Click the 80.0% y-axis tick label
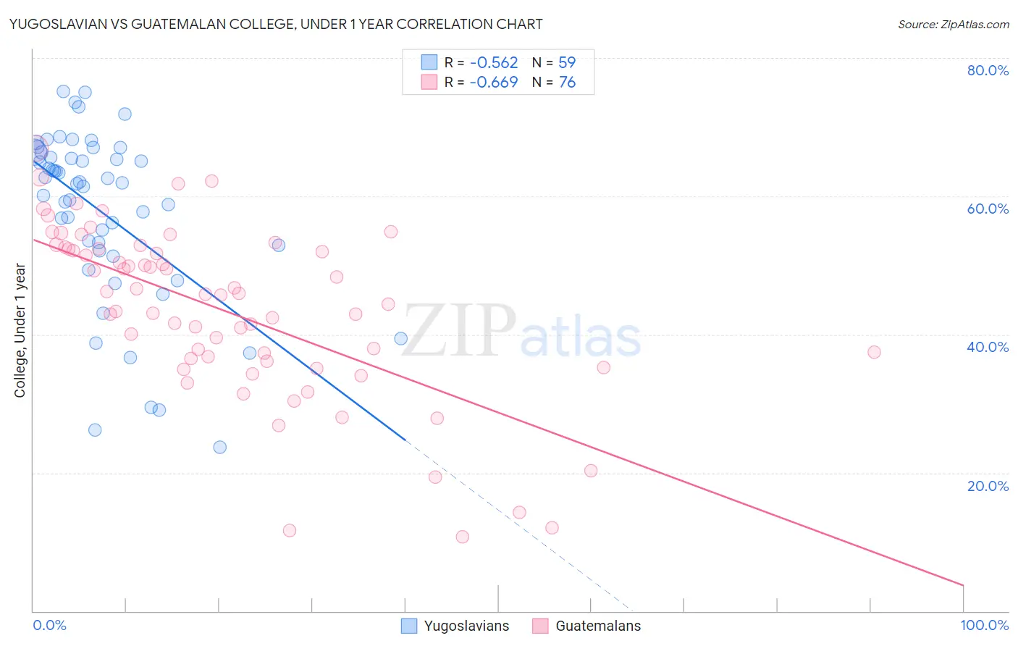(988, 70)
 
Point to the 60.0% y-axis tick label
(988, 209)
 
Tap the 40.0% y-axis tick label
(988, 347)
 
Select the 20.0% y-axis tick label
(988, 485)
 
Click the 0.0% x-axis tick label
(49, 625)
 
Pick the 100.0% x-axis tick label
(985, 625)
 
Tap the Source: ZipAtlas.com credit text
(954, 24)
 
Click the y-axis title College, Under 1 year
(20, 330)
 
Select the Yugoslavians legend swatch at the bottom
(409, 626)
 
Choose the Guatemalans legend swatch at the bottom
(540, 626)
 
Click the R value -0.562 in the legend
(494, 62)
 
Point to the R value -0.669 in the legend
(494, 82)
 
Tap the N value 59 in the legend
(567, 62)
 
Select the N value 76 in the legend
(567, 82)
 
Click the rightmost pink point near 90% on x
(874, 352)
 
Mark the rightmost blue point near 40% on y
(400, 338)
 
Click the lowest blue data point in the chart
(220, 447)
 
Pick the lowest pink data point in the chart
(462, 537)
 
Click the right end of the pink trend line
(963, 584)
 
